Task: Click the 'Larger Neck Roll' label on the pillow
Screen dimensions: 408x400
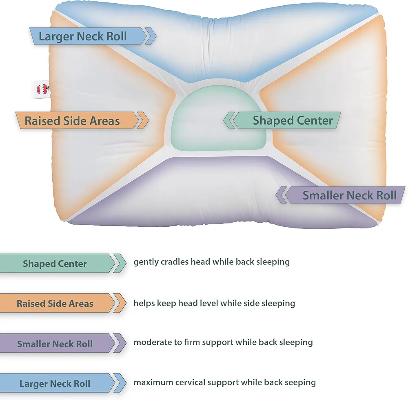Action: (x=93, y=36)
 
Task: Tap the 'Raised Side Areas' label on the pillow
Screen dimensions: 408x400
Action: (x=82, y=121)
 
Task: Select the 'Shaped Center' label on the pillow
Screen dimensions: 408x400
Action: (x=282, y=121)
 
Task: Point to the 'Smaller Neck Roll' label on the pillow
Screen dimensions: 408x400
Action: (x=340, y=195)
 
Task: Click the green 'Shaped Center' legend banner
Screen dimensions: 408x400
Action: (x=63, y=263)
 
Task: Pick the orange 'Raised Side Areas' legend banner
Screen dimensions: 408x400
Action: (x=63, y=303)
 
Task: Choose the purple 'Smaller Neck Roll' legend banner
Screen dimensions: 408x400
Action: (x=63, y=343)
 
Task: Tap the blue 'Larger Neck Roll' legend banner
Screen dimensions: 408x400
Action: (x=63, y=383)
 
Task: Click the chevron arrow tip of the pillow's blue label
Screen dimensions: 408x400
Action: (x=156, y=36)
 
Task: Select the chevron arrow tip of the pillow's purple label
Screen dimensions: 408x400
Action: (x=275, y=195)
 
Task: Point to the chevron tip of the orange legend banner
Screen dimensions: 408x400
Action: (x=126, y=303)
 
